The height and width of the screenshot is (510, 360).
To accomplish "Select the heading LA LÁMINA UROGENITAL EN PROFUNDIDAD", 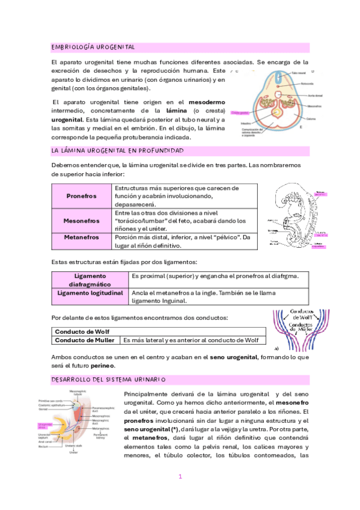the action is (x=117, y=150).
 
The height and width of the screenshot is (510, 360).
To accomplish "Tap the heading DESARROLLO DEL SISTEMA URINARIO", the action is (x=108, y=379).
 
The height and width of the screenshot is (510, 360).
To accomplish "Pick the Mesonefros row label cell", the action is (x=81, y=221).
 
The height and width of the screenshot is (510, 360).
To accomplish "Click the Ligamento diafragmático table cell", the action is (x=90, y=280).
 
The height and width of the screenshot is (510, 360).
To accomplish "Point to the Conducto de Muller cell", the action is (x=85, y=340).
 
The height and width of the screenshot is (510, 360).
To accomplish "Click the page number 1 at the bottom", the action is (x=179, y=477).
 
